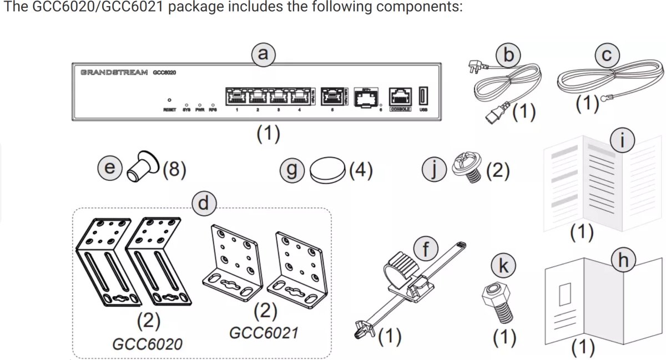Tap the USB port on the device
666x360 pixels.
click(423, 96)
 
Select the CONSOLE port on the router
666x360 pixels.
click(400, 97)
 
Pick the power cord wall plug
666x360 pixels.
click(476, 69)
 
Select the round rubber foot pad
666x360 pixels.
click(328, 172)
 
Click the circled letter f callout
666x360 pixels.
click(426, 250)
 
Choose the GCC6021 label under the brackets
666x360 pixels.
click(264, 333)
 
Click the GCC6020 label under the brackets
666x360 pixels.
click(147, 344)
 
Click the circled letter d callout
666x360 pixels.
click(203, 204)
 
